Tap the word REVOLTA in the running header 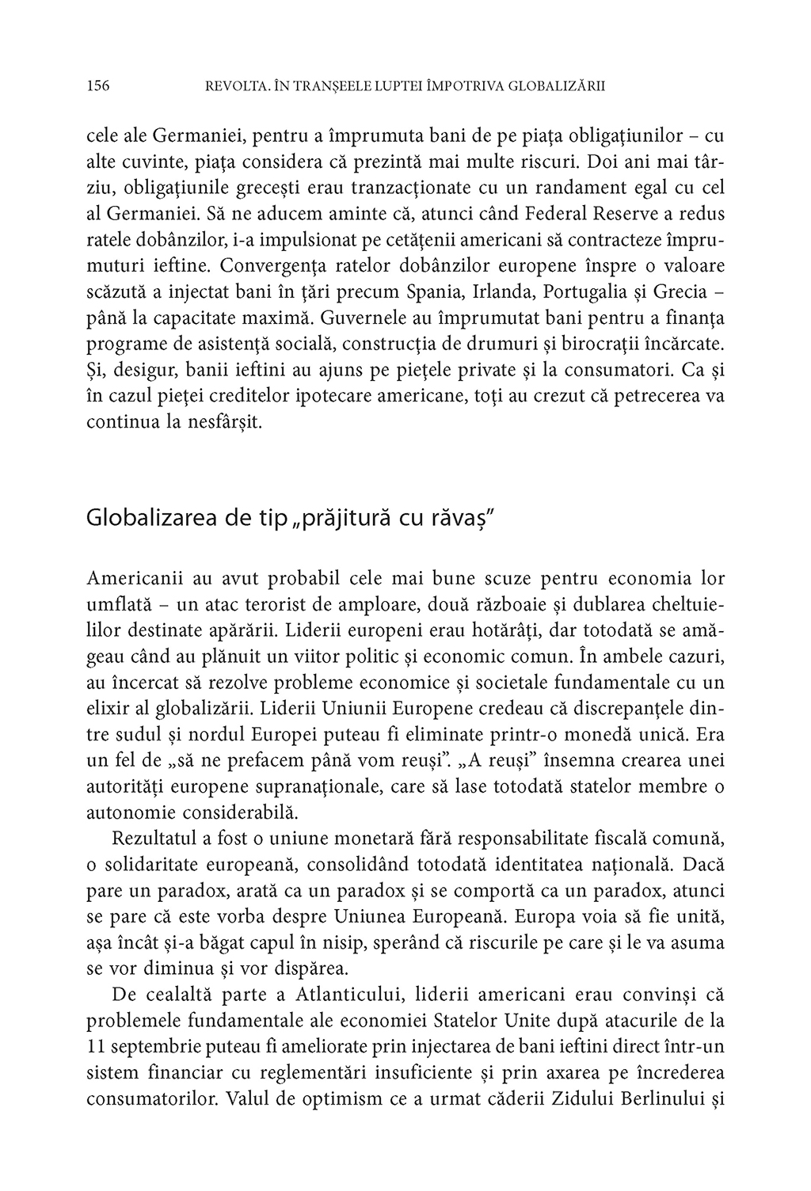point(233,86)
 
